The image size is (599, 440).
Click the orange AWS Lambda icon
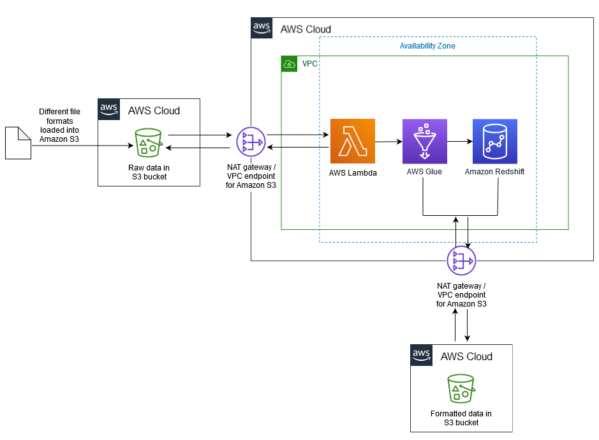pos(353,141)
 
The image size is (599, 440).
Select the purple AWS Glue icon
pos(424,141)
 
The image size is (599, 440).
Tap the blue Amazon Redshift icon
pos(495,141)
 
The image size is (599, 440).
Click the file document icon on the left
pos(18,142)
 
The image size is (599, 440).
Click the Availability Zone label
pos(427,46)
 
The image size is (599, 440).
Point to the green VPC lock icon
pos(290,64)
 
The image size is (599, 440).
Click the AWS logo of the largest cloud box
pos(262,28)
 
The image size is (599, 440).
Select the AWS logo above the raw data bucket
pos(108,109)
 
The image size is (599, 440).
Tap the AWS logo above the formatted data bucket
pos(421,355)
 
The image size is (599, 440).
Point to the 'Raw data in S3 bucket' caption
pos(148,172)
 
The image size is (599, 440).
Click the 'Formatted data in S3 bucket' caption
pos(461,418)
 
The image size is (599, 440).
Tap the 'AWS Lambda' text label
pos(353,172)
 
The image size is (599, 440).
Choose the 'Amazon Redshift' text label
pos(494,172)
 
